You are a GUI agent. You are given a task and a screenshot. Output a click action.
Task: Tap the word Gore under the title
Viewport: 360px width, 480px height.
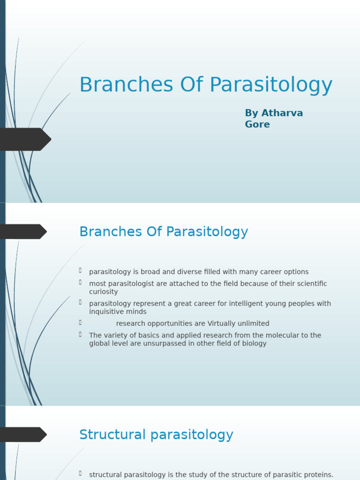tap(257, 125)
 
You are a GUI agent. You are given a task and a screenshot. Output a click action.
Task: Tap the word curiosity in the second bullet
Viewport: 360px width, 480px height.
tap(104, 292)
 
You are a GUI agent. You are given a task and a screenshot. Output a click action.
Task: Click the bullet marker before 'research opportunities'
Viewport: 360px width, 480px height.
tap(81, 322)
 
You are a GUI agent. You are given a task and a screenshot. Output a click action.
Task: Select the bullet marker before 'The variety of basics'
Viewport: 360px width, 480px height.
tap(81, 334)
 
